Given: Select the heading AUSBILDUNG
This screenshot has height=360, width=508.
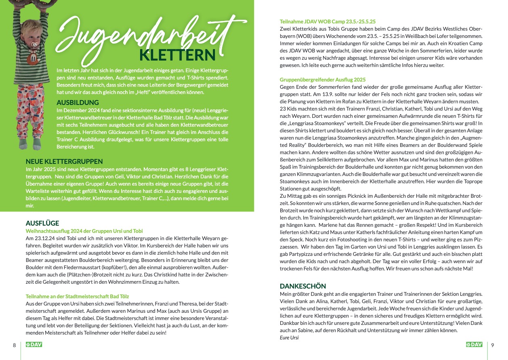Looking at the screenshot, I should pos(78,103).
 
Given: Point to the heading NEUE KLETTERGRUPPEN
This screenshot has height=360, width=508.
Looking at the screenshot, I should pos(64,161).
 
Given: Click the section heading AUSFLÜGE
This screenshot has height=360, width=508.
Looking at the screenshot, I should pos(42,223).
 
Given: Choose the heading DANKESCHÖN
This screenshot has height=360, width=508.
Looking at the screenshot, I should pos(302,286).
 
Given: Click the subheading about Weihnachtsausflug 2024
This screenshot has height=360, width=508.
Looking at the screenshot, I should pos(84,231).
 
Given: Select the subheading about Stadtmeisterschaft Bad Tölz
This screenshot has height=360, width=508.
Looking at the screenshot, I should pos(77,296).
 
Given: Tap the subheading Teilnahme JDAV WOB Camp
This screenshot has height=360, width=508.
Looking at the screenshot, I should pos(327,21).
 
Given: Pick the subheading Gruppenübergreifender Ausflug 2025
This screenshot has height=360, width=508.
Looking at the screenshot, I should pos(323,80).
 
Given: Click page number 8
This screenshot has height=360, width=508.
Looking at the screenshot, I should pos(14,345).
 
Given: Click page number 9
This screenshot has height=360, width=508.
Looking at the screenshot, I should pos(493,345).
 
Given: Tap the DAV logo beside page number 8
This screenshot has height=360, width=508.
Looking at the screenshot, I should pos(34,345).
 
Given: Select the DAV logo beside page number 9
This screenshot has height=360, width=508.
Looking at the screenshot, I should pos(474,345).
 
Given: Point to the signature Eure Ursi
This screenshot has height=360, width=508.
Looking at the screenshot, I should pos(289,337).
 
